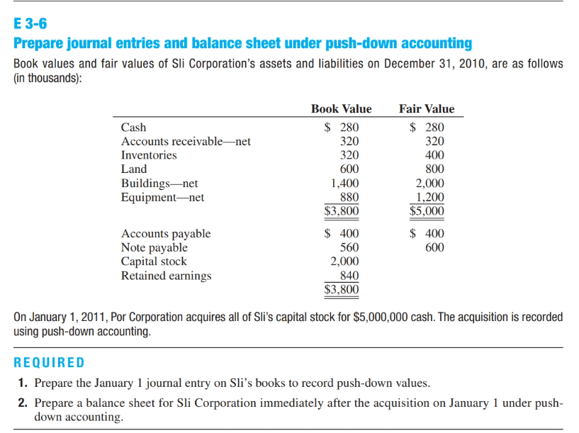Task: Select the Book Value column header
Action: click(341, 108)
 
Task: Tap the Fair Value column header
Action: click(427, 108)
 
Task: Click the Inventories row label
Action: click(149, 155)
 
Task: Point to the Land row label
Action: click(134, 169)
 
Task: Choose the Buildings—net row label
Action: click(159, 184)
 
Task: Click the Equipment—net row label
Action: click(162, 197)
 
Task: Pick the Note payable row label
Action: click(154, 247)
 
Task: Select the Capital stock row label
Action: click(154, 262)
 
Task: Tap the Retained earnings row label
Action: click(166, 276)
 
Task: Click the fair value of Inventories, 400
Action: click(434, 155)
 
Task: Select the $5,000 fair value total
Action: click(427, 210)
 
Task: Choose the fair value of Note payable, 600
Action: click(434, 247)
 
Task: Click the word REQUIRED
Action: click(50, 363)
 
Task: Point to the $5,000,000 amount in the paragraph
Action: click(381, 317)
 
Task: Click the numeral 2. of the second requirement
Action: click(23, 403)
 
